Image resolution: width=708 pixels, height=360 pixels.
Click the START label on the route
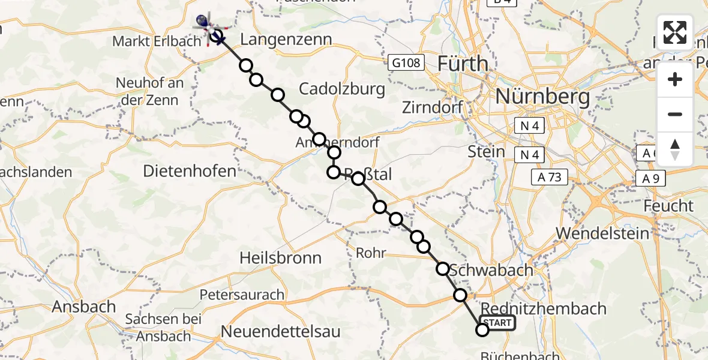coord(497,323)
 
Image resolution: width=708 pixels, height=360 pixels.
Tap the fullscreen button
coord(675,32)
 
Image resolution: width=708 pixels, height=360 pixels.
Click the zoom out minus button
coord(675,114)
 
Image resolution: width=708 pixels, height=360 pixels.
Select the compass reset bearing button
coord(675,149)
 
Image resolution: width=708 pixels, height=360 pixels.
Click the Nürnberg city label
coord(543,96)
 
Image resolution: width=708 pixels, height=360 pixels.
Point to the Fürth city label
coord(462,63)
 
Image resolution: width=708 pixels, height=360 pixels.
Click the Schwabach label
coord(491,270)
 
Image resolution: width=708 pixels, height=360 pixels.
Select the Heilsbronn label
coord(280,258)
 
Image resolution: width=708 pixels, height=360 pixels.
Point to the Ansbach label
coord(84,306)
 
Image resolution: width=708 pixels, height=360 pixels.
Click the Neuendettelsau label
coord(280,331)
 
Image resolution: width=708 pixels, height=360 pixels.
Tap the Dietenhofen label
coord(190,171)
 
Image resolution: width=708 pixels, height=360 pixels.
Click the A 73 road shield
coord(549,177)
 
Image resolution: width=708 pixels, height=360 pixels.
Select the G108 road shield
coord(406,62)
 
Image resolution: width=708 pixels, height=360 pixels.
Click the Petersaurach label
coord(242,295)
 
